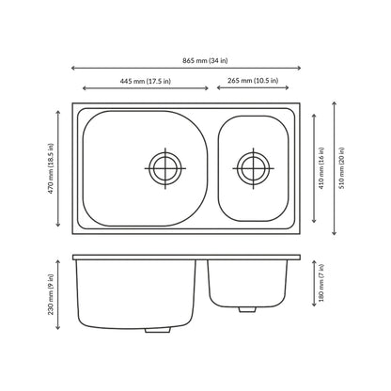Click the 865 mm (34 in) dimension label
(x=205, y=60)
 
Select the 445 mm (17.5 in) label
(x=146, y=81)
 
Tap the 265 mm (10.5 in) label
(x=253, y=81)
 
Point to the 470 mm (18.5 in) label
(x=51, y=168)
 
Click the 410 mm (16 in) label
(x=321, y=168)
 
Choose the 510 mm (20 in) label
(x=341, y=168)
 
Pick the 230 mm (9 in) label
(x=51, y=294)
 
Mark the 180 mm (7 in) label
(x=321, y=283)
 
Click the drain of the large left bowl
(x=165, y=168)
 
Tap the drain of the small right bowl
(x=253, y=168)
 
